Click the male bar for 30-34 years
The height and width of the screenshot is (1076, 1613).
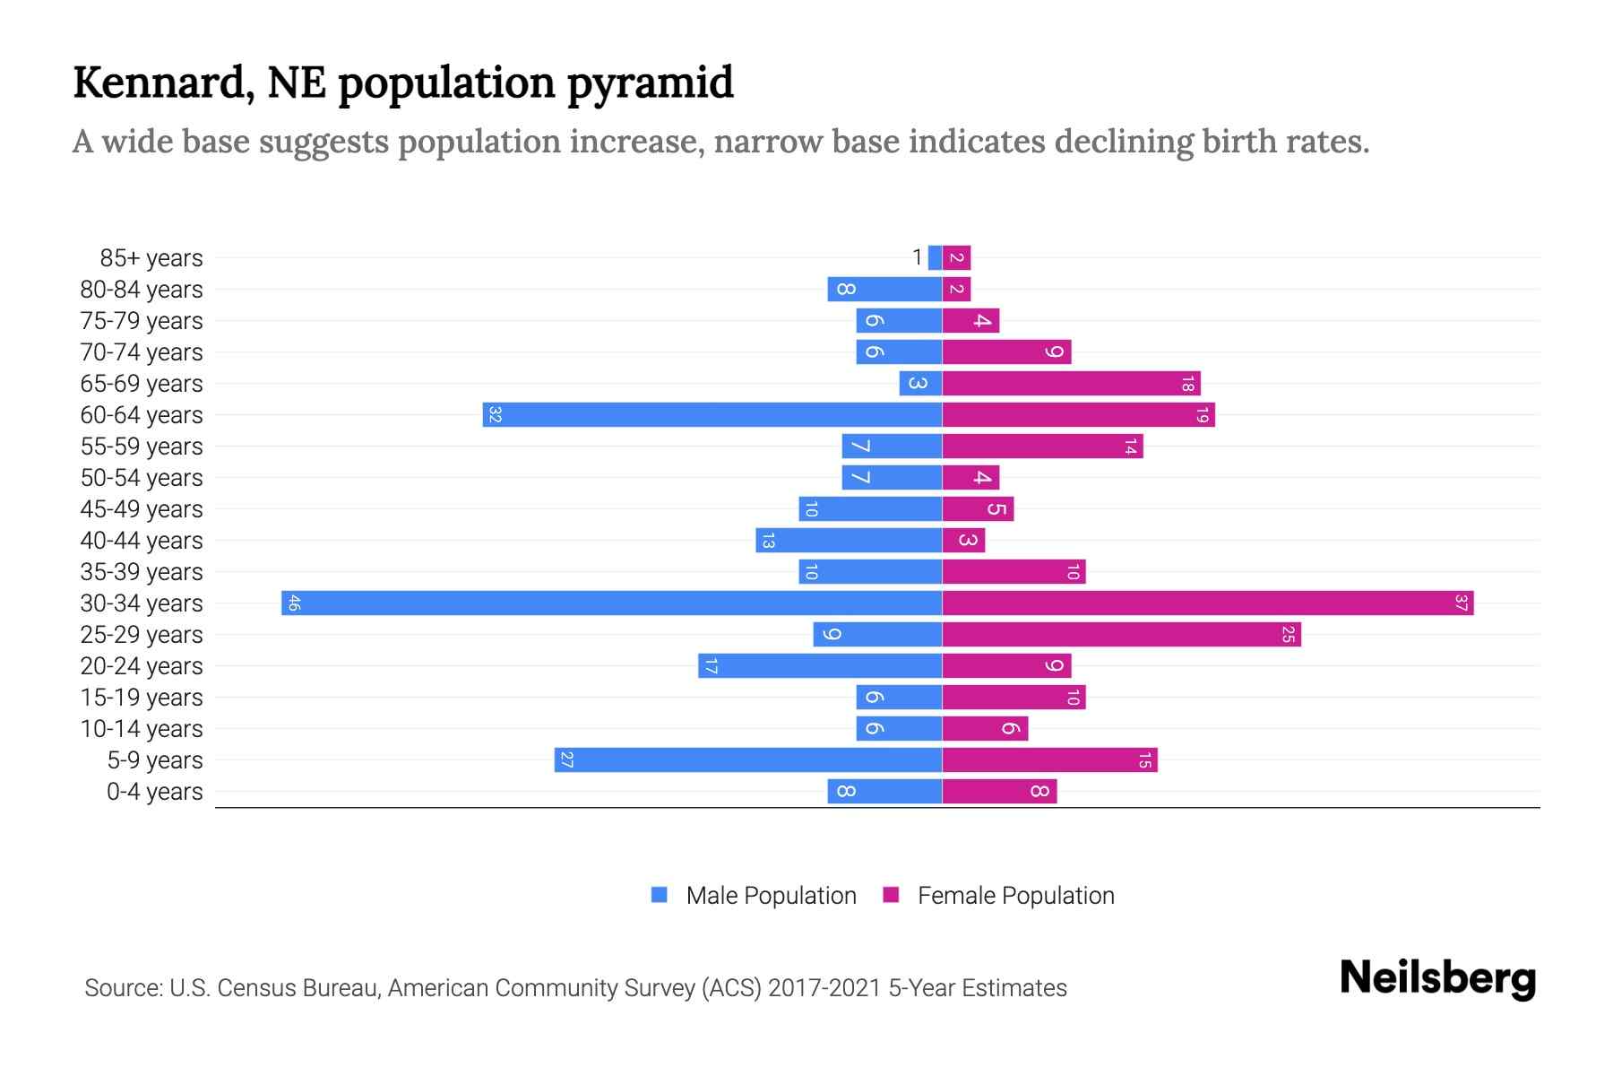611,603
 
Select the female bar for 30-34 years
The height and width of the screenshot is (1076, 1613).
1207,603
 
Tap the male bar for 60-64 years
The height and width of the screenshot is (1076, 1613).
712,414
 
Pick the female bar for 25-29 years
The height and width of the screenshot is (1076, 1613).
1121,634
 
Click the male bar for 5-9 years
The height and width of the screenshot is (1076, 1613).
748,759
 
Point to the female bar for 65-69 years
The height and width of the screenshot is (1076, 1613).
1071,383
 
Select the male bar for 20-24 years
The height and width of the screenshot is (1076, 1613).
820,665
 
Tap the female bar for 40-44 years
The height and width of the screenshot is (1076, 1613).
963,540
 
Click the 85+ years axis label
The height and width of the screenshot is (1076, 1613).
151,258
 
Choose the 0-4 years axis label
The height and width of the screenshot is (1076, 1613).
154,792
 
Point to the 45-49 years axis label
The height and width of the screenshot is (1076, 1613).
142,509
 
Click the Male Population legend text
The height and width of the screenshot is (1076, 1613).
771,896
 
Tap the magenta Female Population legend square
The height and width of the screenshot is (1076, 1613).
891,895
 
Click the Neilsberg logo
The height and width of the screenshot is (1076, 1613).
1437,978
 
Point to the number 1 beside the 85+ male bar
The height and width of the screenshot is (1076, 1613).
917,258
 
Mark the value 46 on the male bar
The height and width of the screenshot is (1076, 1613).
294,603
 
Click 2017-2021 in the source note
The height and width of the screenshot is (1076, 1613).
824,988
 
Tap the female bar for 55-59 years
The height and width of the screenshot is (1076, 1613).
1042,446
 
